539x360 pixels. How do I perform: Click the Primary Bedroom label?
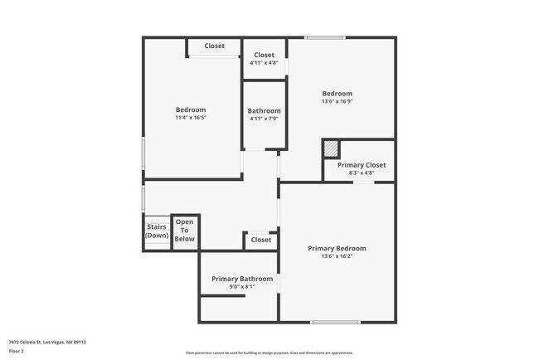click(x=337, y=248)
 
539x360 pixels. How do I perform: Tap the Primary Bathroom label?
click(x=241, y=279)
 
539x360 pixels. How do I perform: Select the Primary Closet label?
click(x=362, y=165)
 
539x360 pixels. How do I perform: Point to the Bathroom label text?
click(x=264, y=111)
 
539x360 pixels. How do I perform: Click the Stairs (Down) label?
click(x=157, y=231)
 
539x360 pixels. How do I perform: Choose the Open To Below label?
click(x=184, y=231)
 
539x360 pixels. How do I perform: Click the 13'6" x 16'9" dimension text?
click(x=337, y=102)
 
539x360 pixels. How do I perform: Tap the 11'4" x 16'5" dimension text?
click(x=191, y=118)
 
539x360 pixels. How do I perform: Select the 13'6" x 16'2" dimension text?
click(x=337, y=256)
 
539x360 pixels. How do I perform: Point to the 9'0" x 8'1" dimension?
click(x=241, y=287)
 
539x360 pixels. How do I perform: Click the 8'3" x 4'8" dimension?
click(x=362, y=173)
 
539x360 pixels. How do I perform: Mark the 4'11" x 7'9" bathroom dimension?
click(x=264, y=119)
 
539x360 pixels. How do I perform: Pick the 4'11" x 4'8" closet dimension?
click(x=264, y=63)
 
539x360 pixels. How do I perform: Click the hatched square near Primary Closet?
click(x=331, y=148)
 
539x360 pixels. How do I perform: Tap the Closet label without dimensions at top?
click(x=214, y=46)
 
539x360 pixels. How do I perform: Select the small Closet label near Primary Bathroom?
click(x=260, y=240)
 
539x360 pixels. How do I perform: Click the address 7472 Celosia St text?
click(x=48, y=342)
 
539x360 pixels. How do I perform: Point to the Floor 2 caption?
click(x=17, y=351)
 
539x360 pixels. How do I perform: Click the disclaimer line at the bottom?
click(x=269, y=353)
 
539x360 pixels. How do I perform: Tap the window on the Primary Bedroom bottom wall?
click(x=336, y=322)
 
